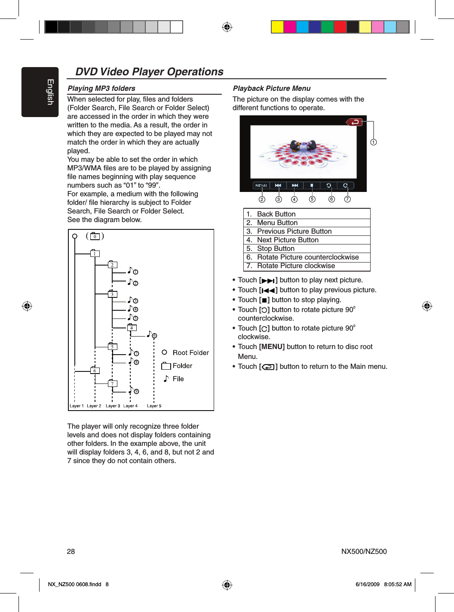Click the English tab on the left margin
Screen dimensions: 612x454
coord(40,92)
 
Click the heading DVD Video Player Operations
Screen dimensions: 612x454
coord(149,72)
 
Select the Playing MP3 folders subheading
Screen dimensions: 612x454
coord(101,88)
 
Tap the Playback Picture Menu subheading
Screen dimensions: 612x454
coord(271,88)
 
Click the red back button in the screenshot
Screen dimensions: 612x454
coord(355,122)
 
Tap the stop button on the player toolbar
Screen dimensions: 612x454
coord(312,185)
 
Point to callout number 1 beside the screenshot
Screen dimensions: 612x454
coord(374,142)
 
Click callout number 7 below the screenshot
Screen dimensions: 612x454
coord(347,199)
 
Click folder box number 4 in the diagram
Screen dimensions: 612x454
coord(132,328)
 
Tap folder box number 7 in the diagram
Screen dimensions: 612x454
coord(112,383)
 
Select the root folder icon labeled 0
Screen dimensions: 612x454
coord(95,236)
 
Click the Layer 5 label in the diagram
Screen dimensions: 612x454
coord(154,406)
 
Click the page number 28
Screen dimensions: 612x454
coord(71,551)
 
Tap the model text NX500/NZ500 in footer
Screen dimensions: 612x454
coord(364,551)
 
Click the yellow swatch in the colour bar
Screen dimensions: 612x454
coord(277,27)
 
